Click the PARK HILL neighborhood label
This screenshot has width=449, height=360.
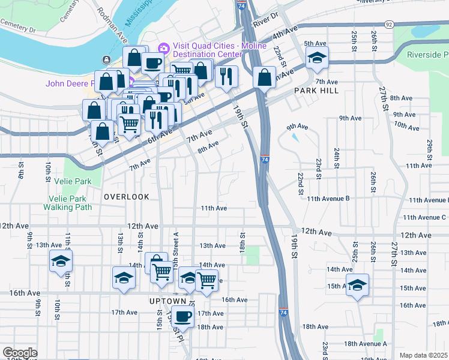pos(316,91)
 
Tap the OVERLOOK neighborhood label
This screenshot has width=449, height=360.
pos(126,197)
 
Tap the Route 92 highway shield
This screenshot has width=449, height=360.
pos(390,25)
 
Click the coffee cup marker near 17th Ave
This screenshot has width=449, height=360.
pos(183,316)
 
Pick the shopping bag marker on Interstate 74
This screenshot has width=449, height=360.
pos(264,77)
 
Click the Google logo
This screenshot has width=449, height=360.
pos(20,353)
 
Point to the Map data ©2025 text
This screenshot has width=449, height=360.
pos(424,355)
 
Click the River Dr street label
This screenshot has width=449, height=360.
pos(267,19)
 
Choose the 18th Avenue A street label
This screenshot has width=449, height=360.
pos(366,344)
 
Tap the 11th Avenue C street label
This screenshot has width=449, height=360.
pos(424,217)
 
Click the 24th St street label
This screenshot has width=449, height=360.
pos(337,157)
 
